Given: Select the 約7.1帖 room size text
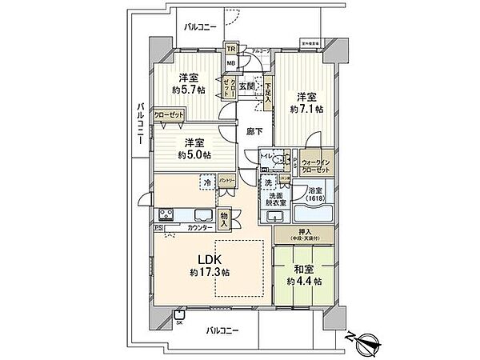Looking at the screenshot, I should click(307, 108).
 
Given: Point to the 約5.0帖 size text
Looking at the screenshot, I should click(195, 154).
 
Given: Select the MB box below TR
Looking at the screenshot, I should click(230, 62).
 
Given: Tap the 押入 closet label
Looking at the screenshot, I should click(306, 234).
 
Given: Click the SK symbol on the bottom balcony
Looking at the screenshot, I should click(179, 322).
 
